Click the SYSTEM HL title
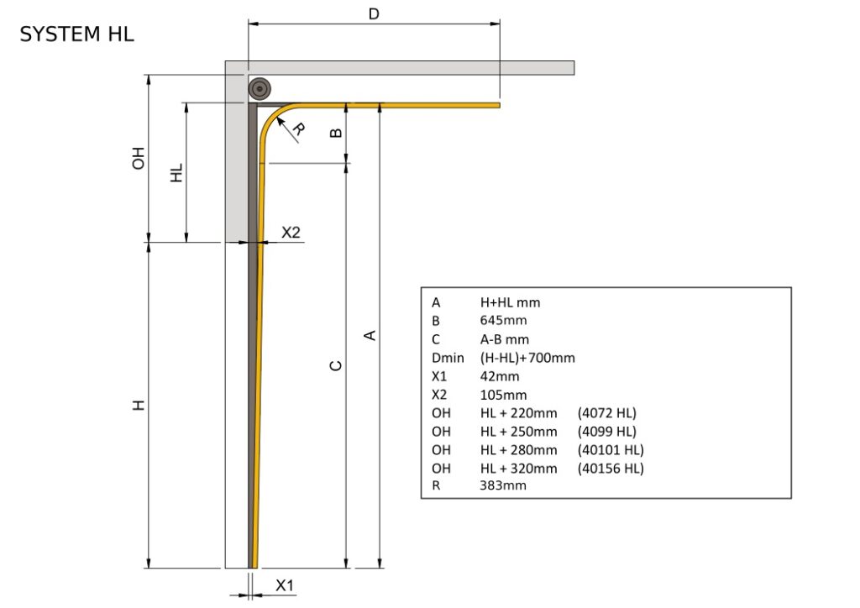(x=76, y=34)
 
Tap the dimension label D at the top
(x=375, y=13)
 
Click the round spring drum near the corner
(x=260, y=88)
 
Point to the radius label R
(x=297, y=129)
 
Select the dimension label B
(x=334, y=133)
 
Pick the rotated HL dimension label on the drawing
(x=176, y=173)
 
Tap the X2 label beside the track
(x=291, y=233)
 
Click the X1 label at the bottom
(x=286, y=585)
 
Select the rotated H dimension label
(x=139, y=405)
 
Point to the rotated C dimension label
(x=335, y=365)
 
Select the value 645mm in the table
(x=503, y=321)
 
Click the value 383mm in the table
(x=503, y=485)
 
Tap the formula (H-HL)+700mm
(x=527, y=358)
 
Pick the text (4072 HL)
(x=607, y=413)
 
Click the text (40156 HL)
(x=611, y=469)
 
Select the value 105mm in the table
(x=503, y=395)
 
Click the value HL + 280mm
(x=518, y=450)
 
